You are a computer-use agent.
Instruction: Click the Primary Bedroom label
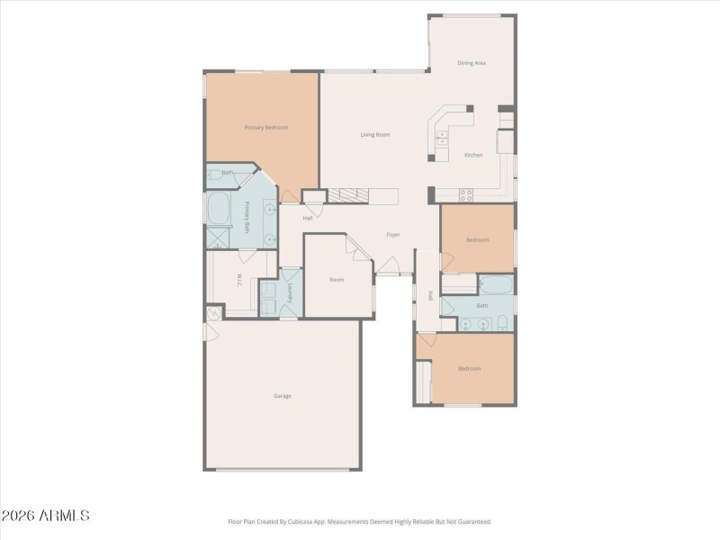coord(266,128)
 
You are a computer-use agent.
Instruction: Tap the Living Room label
coord(375,135)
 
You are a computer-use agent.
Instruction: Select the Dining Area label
coord(472,63)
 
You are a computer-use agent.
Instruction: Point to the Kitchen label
coord(473,155)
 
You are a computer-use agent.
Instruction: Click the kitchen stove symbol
coord(467,193)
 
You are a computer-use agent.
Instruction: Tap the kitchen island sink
coord(442,138)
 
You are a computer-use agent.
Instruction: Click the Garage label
coord(283,396)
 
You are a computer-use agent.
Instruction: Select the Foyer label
coord(393,235)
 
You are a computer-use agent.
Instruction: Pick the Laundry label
coord(291,292)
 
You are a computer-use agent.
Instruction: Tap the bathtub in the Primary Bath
coord(220,209)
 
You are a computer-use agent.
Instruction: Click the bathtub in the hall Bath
coord(496,287)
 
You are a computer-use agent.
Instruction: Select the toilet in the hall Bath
coord(504,324)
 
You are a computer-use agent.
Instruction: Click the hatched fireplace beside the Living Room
coord(347,195)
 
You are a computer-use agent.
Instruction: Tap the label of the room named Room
coord(337,280)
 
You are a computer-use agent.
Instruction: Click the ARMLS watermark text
coord(45,516)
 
